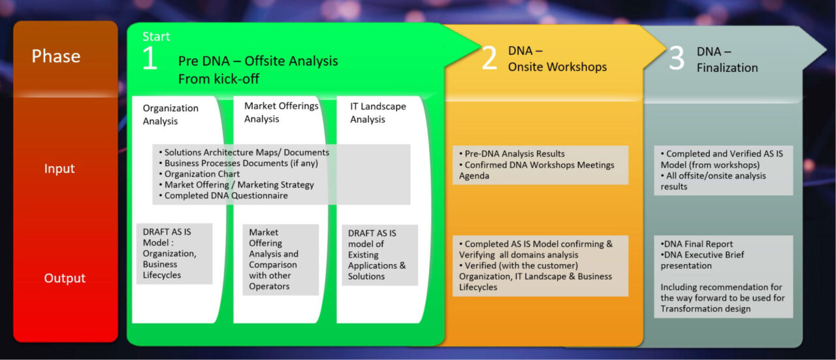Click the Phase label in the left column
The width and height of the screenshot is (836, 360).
pyautogui.click(x=56, y=57)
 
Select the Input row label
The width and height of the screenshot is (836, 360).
pyautogui.click(x=59, y=169)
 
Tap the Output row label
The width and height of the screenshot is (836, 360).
pyautogui.click(x=65, y=278)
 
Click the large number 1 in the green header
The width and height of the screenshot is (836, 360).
pyautogui.click(x=150, y=59)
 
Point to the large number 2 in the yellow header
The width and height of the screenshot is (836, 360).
pyautogui.click(x=489, y=59)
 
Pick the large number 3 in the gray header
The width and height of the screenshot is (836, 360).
pyautogui.click(x=677, y=59)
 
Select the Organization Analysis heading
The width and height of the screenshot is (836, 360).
pyautogui.click(x=170, y=114)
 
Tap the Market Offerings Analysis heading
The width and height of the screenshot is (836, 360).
pyautogui.click(x=281, y=112)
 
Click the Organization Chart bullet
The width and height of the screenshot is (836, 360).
pyautogui.click(x=202, y=174)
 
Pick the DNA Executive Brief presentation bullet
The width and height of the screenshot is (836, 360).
pyautogui.click(x=702, y=260)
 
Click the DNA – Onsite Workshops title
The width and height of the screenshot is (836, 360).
pyautogui.click(x=557, y=59)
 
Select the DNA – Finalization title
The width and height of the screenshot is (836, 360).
pyautogui.click(x=727, y=59)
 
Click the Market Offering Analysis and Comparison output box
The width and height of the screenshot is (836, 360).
pyautogui.click(x=274, y=259)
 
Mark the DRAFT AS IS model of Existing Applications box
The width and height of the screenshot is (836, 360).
pyautogui.click(x=377, y=255)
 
